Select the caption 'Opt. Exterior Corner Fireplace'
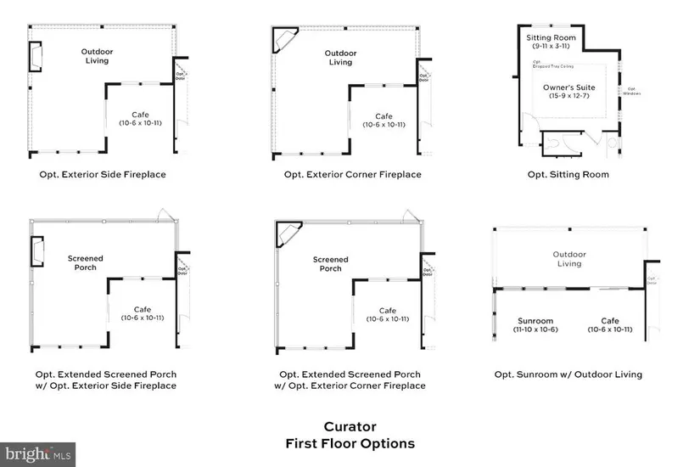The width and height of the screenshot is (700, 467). click(353, 175)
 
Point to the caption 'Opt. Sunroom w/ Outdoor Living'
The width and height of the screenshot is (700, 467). click(568, 374)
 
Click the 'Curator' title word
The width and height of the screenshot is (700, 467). click(350, 427)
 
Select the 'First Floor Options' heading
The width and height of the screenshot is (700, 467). click(350, 443)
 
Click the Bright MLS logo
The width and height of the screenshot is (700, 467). click(38, 454)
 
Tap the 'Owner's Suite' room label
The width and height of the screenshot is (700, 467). click(568, 87)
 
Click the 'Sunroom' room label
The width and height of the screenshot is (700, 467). click(535, 321)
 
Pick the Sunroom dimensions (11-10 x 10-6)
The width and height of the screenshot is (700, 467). click(535, 330)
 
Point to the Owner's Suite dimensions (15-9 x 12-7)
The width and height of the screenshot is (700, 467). click(568, 97)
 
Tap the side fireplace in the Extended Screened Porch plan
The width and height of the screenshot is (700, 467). click(38, 252)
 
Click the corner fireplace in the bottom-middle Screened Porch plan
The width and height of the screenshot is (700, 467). click(288, 235)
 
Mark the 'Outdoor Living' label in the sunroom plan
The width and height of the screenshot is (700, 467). click(568, 259)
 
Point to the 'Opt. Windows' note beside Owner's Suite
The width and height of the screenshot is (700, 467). click(632, 91)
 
